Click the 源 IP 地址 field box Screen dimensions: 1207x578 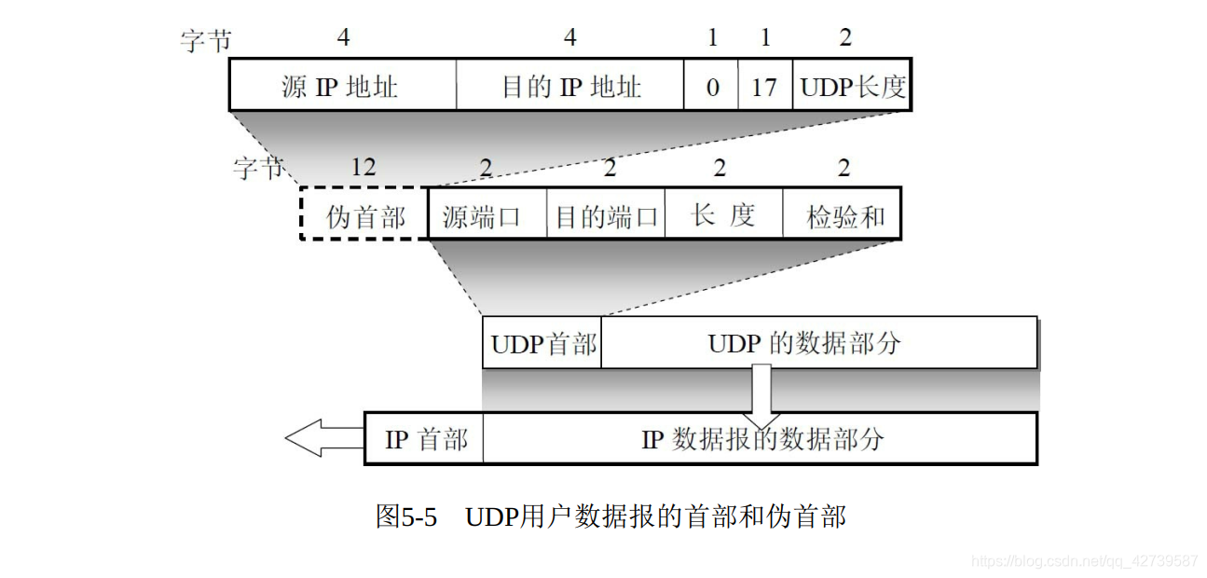click(x=342, y=87)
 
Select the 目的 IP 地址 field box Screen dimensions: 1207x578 click(x=569, y=87)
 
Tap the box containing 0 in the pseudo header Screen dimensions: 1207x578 click(x=711, y=87)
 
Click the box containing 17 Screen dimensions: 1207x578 click(x=765, y=87)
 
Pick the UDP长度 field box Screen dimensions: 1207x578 click(x=852, y=87)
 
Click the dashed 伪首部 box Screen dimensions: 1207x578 click(x=364, y=216)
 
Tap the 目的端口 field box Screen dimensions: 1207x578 click(x=606, y=216)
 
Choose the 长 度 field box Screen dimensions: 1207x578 click(x=723, y=216)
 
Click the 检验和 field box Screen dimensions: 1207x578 click(x=842, y=216)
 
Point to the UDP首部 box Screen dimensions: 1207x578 click(x=542, y=343)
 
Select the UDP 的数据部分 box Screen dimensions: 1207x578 click(x=818, y=343)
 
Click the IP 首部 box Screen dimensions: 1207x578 click(x=425, y=439)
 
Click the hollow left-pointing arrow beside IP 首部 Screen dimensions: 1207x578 click(x=322, y=438)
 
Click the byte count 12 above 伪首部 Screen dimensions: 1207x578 click(x=363, y=168)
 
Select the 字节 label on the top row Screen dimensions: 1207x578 click(x=205, y=39)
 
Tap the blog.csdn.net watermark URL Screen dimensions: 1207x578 click(x=1084, y=561)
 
